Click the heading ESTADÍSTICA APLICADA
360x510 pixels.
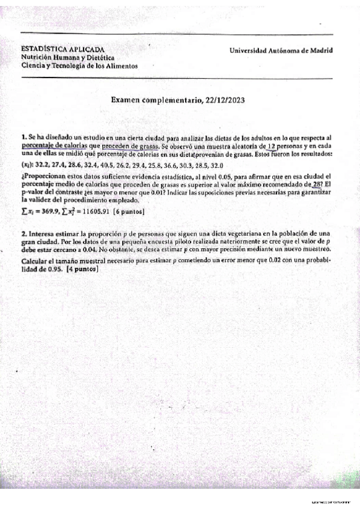pyautogui.click(x=63, y=49)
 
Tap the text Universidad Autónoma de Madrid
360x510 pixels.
pyautogui.click(x=281, y=51)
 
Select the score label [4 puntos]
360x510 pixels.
pyautogui.click(x=83, y=270)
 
